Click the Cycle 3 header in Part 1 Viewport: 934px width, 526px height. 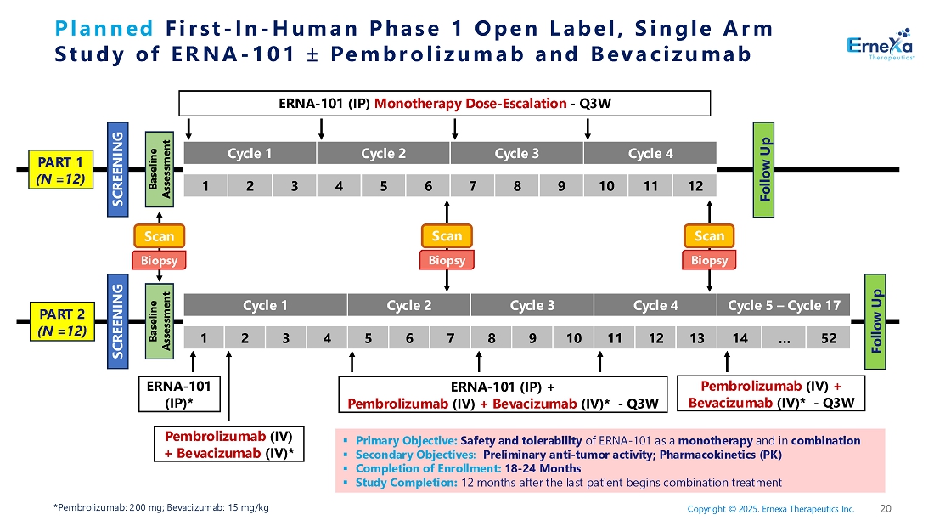(516, 154)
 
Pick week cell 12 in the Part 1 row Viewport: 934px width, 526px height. (695, 184)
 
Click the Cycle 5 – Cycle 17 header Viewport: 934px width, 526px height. (784, 305)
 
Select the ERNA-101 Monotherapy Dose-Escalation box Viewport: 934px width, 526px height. (444, 104)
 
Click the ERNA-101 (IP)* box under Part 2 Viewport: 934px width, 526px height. (173, 393)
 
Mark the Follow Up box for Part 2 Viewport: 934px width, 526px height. (877, 314)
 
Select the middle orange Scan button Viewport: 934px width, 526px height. (447, 235)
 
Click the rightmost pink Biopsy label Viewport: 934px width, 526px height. (709, 260)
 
